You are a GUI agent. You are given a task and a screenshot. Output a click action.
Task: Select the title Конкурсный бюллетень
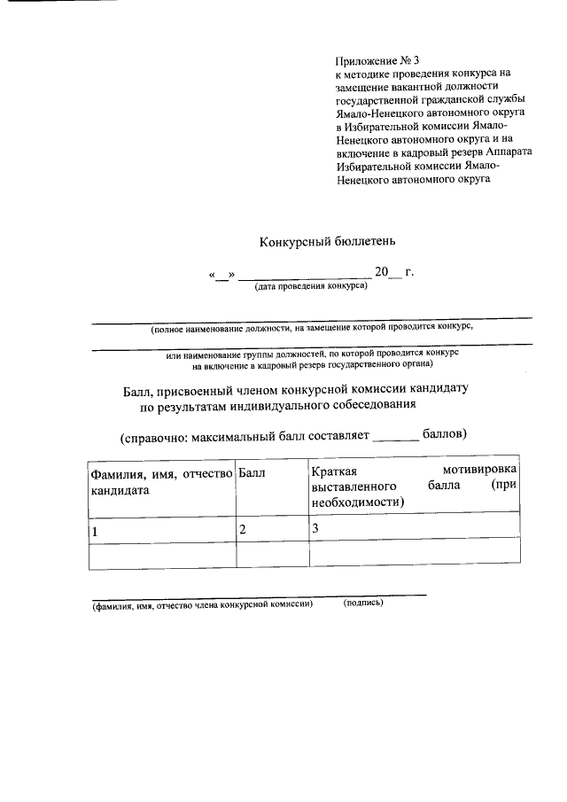(x=332, y=241)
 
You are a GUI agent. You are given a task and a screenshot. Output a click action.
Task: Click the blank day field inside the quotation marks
(x=221, y=273)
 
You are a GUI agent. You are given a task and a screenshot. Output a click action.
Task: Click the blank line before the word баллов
(x=394, y=436)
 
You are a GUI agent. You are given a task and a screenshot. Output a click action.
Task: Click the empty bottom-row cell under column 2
(x=271, y=554)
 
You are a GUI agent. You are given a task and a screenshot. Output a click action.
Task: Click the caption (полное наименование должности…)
(x=312, y=328)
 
